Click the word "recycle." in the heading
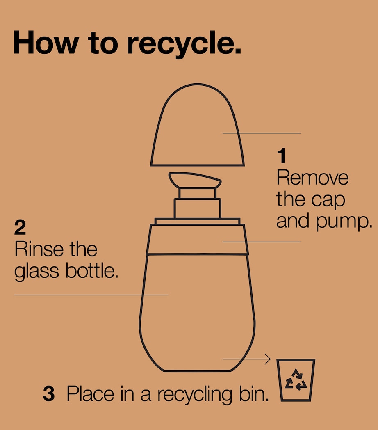(x=184, y=44)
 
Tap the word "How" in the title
(x=46, y=42)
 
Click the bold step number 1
(x=282, y=156)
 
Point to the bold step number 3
(x=49, y=393)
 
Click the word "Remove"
(x=312, y=178)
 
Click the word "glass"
(x=36, y=272)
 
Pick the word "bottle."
(x=92, y=271)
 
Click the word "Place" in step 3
(x=90, y=393)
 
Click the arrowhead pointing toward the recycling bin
(x=268, y=359)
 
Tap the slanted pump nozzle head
(x=195, y=180)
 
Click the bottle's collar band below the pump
(x=197, y=239)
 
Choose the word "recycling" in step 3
(x=194, y=394)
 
